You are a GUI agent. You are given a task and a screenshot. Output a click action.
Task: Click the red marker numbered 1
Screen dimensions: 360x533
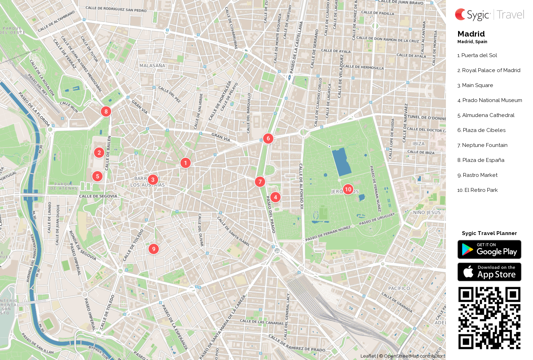(x=185, y=163)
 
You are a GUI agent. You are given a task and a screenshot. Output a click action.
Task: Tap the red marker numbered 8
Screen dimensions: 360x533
(x=106, y=111)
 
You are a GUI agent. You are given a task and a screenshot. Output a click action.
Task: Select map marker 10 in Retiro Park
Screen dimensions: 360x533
(x=348, y=189)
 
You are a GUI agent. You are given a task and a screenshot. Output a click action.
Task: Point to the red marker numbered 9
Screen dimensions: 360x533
(x=154, y=249)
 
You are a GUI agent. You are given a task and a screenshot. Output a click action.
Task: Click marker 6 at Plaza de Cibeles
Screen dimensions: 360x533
(x=268, y=138)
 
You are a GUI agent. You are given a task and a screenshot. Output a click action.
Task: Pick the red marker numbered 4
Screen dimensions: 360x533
(x=275, y=197)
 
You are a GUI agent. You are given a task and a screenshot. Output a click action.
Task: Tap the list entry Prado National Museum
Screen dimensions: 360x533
(x=489, y=100)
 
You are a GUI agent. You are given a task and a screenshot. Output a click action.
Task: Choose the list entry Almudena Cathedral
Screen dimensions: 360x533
(x=486, y=115)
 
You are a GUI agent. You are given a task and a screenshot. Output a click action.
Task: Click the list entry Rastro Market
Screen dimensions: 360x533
(x=477, y=175)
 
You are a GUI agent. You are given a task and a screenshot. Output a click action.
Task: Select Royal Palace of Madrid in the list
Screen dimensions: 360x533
(x=489, y=70)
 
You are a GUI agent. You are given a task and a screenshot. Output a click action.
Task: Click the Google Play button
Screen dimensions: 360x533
(x=489, y=250)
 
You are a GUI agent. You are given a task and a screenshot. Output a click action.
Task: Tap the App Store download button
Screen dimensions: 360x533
(x=489, y=272)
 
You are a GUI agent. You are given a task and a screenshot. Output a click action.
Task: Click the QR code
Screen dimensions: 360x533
(x=489, y=318)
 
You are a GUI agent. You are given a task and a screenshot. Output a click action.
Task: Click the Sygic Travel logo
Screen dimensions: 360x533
(x=489, y=15)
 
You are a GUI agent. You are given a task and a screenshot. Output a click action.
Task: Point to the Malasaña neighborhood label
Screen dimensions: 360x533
(x=152, y=65)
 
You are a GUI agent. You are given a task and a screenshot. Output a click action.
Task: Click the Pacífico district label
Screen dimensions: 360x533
(x=399, y=288)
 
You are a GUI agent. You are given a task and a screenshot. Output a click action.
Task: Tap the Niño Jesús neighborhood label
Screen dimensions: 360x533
(x=427, y=212)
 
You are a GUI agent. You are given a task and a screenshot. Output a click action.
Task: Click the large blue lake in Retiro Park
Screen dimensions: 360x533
(x=341, y=162)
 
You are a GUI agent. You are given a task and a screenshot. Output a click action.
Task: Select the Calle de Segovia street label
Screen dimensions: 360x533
(x=98, y=196)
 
